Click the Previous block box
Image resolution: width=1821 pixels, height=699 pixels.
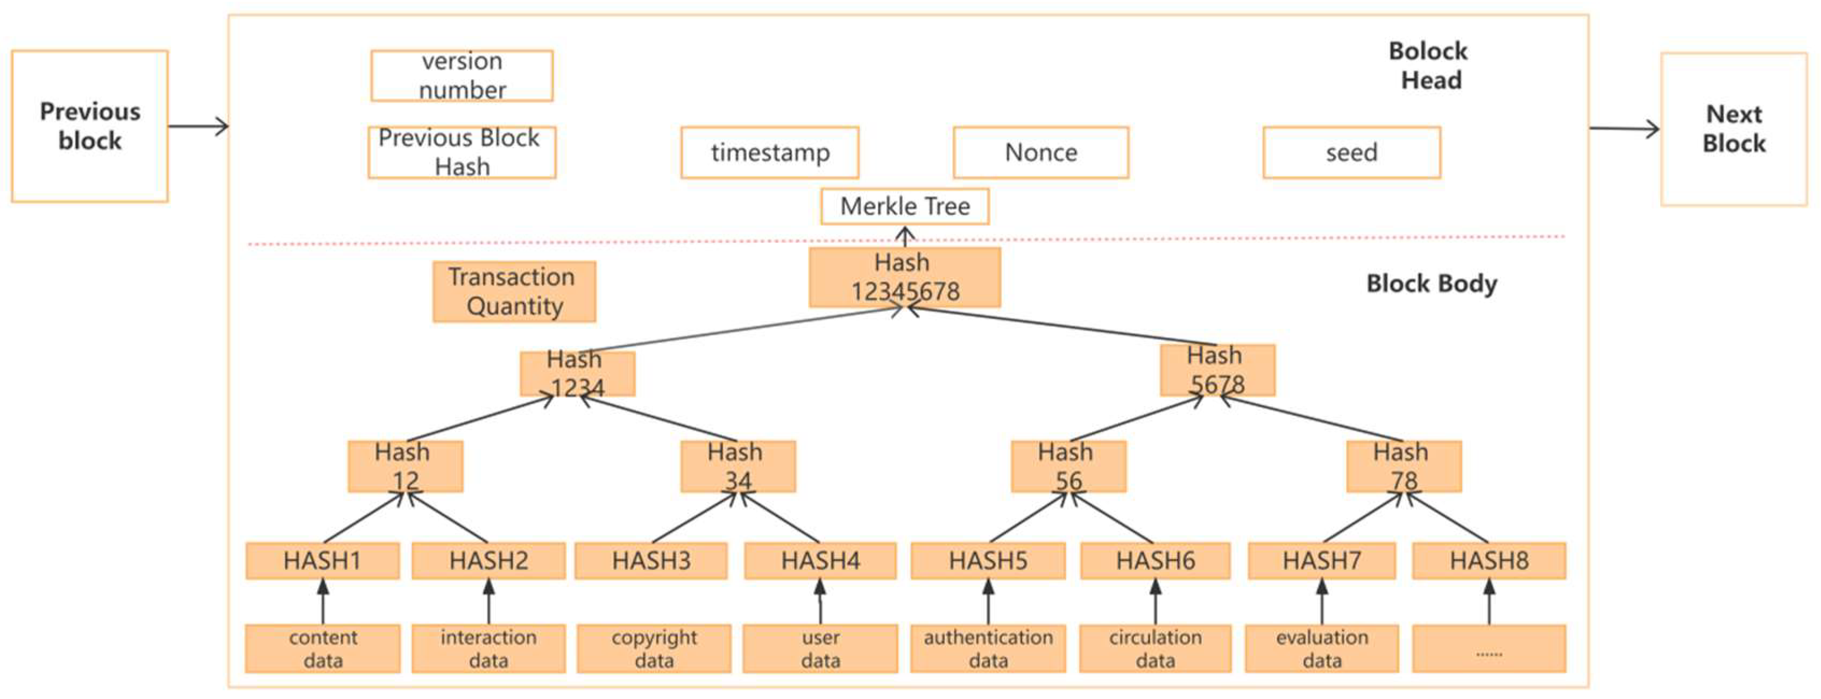90,126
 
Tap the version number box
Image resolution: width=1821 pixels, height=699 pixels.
462,76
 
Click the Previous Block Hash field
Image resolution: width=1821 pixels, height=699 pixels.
462,152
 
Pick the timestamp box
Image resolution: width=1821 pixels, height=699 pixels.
770,153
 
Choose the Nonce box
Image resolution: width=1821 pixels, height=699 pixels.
1040,153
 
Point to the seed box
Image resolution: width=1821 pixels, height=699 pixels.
1351,153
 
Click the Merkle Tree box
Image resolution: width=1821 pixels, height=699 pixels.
905,206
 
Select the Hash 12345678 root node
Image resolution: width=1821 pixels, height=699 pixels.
905,277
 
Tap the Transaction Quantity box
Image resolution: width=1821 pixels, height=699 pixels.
514,292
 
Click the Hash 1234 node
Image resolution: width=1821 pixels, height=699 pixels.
577,374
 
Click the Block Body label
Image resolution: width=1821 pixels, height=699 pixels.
1432,284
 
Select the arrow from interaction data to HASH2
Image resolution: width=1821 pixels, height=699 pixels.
488,602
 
